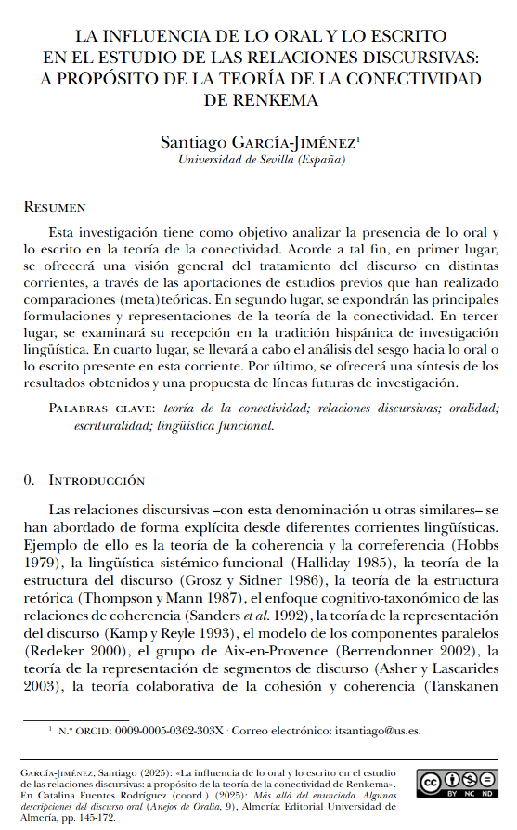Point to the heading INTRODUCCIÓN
[97, 480]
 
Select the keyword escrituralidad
[113, 425]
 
